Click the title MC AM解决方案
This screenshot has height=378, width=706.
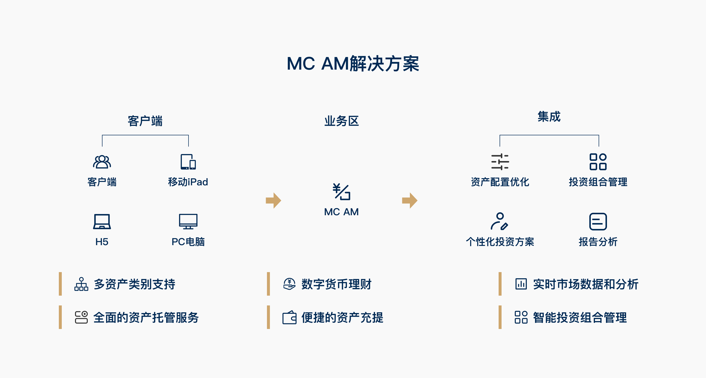[x=353, y=63]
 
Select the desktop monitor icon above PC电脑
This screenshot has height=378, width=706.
[x=188, y=221]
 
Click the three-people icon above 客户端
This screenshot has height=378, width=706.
[x=102, y=162]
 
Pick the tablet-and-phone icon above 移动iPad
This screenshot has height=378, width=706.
[x=188, y=162]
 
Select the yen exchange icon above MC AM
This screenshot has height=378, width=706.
[x=341, y=192]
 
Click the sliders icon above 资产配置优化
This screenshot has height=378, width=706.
[x=500, y=162]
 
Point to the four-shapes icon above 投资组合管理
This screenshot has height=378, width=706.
[x=598, y=162]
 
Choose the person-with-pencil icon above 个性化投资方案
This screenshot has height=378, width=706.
[x=499, y=221]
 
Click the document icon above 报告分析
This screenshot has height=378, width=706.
[x=598, y=222]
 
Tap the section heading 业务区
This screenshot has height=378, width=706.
[x=341, y=121]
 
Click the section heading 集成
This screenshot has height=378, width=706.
[x=549, y=116]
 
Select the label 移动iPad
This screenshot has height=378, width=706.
[x=188, y=182]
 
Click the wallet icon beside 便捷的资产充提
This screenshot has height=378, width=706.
[x=290, y=317]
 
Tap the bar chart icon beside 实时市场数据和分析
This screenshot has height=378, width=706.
[x=521, y=284]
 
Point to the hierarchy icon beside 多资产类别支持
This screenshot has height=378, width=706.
[x=81, y=284]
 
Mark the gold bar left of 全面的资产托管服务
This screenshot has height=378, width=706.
[x=60, y=317]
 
